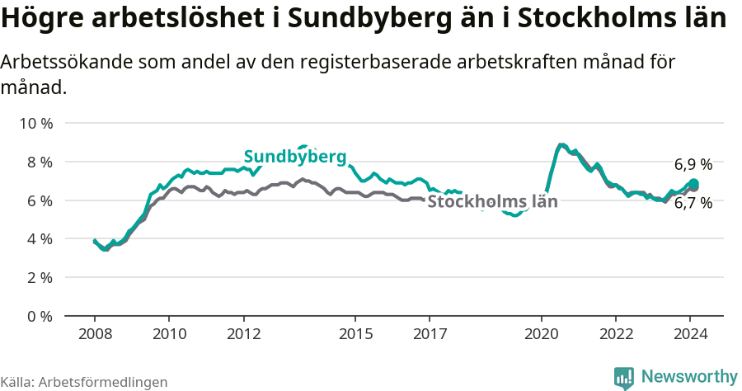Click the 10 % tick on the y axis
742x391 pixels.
[35, 123]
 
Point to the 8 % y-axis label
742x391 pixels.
[39, 162]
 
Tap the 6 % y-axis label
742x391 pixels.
[39, 200]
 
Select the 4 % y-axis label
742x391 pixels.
[39, 239]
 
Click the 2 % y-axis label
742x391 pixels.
[39, 278]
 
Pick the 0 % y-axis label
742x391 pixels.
[39, 316]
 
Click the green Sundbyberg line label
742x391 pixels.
[294, 157]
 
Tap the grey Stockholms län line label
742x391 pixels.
[492, 200]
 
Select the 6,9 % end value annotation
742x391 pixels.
[693, 164]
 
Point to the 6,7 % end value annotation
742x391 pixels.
[693, 203]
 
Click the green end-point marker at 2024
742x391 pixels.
[694, 183]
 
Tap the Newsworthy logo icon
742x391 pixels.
[624, 377]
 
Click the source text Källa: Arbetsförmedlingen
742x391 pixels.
[84, 382]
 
